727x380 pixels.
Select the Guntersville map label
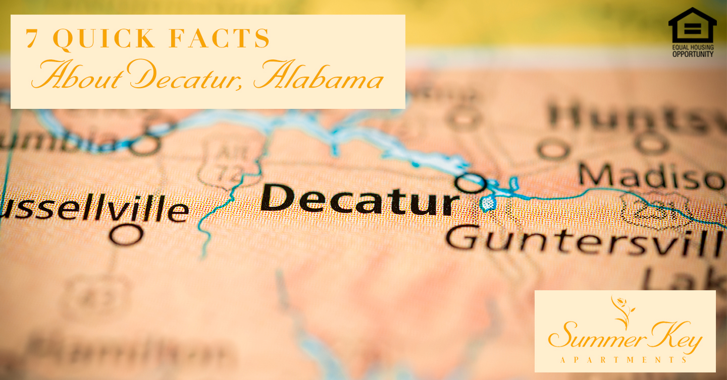pyautogui.click(x=583, y=241)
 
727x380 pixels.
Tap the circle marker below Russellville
pyautogui.click(x=126, y=234)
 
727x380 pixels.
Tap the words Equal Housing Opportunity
pyautogui.click(x=693, y=51)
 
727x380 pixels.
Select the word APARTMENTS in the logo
pyautogui.click(x=624, y=360)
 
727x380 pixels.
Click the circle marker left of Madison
pyautogui.click(x=553, y=149)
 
